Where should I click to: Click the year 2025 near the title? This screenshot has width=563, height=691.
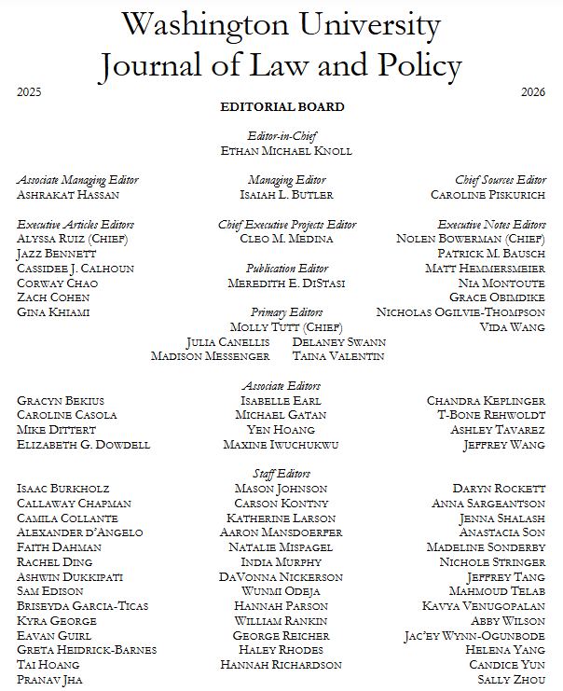[29, 92]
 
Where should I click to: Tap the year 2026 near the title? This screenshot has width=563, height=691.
[533, 92]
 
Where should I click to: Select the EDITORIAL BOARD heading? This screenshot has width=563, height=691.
[281, 107]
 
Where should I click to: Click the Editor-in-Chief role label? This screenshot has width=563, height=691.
[281, 135]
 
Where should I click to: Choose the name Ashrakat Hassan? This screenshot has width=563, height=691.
[68, 195]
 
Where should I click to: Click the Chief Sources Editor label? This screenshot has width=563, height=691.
[501, 180]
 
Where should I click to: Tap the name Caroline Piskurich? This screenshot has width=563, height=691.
[488, 195]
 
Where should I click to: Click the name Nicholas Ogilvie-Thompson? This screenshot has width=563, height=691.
[460, 312]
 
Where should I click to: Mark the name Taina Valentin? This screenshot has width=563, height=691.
[337, 356]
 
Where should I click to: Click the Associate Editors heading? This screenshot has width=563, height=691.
[281, 386]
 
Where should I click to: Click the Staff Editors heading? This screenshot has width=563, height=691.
[281, 474]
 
